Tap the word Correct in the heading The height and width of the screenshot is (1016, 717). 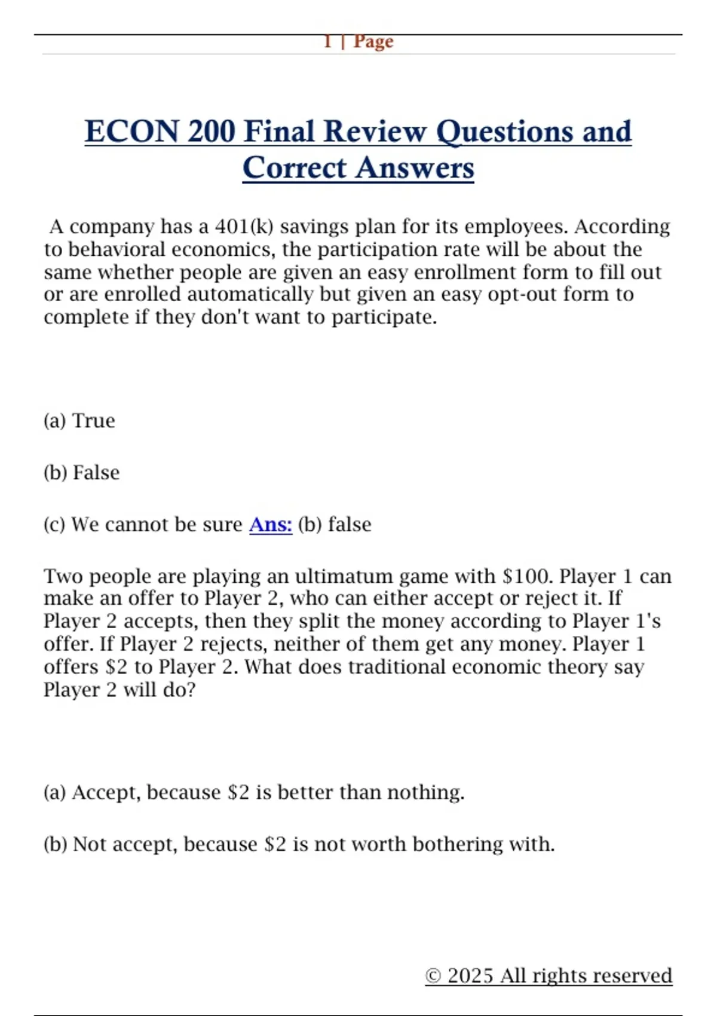[x=294, y=168]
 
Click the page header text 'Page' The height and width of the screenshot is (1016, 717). [x=373, y=42]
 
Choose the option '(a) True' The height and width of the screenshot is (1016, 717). [x=79, y=421]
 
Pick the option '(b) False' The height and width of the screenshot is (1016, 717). [x=82, y=473]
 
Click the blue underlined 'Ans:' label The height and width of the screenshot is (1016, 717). [x=271, y=524]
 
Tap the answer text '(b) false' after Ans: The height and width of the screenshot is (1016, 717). [x=335, y=524]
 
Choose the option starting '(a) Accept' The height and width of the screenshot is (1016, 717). [x=254, y=792]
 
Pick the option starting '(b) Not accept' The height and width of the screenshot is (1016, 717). [x=299, y=844]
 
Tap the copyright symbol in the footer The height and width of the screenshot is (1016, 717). [x=433, y=976]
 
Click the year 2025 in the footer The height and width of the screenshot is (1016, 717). [x=471, y=976]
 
